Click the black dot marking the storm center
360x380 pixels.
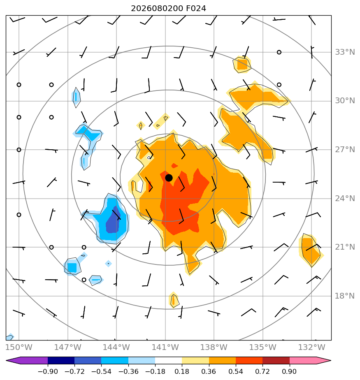[x=169, y=178]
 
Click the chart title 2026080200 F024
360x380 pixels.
[x=169, y=9]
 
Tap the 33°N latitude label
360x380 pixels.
[x=345, y=52]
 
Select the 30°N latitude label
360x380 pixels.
[x=345, y=101]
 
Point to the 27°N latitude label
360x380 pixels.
[x=345, y=150]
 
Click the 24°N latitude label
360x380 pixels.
[x=345, y=199]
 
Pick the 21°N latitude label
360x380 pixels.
[x=345, y=247]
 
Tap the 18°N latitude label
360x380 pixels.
[x=345, y=296]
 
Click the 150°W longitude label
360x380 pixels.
[x=19, y=347]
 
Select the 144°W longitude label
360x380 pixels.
[x=116, y=347]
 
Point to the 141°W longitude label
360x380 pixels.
[x=165, y=347]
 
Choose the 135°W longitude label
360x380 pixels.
[x=263, y=347]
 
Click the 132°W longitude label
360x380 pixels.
[x=311, y=347]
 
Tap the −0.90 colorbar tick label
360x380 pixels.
[x=48, y=371]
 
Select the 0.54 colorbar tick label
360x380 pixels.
[x=236, y=371]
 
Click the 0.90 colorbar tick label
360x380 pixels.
[x=289, y=371]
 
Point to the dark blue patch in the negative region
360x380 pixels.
[x=113, y=220]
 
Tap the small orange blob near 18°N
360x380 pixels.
[x=174, y=300]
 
